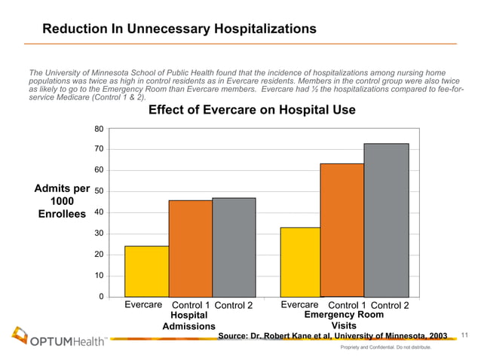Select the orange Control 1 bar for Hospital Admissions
point(190,248)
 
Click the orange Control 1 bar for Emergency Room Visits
point(342,230)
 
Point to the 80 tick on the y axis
point(99,129)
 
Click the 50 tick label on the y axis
point(99,191)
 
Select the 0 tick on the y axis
point(101,296)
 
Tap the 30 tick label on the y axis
point(99,233)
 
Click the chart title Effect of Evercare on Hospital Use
point(252,111)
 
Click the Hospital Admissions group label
point(188,321)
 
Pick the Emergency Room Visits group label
point(343,321)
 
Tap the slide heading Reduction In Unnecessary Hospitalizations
point(179,29)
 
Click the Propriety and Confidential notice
point(385,348)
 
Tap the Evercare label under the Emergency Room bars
point(300,304)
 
